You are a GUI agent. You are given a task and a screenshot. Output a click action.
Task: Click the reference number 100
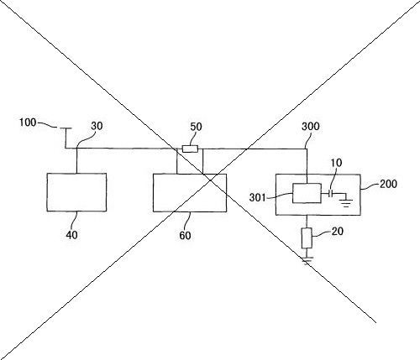[x=28, y=123]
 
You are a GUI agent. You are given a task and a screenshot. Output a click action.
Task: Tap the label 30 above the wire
[x=97, y=126]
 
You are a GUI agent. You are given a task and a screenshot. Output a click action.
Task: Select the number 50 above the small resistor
[x=196, y=127]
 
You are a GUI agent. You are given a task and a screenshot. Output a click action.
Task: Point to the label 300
[x=311, y=127]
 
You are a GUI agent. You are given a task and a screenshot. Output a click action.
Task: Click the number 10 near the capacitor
[x=336, y=163]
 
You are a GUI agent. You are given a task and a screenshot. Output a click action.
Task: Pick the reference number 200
[x=388, y=184]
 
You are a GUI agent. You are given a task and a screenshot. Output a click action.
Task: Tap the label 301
[x=257, y=197]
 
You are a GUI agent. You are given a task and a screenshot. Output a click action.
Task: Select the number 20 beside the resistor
[x=338, y=232]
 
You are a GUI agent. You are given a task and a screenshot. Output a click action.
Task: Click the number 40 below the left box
[x=71, y=235]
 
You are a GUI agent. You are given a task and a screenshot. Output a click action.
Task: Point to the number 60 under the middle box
[x=185, y=236]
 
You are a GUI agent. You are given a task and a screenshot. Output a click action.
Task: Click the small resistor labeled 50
[x=190, y=149]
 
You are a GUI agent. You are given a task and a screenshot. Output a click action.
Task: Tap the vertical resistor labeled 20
[x=307, y=238]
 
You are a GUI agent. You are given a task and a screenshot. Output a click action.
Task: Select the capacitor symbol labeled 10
[x=331, y=193]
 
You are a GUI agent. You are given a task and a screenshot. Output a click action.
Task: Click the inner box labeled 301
[x=307, y=193]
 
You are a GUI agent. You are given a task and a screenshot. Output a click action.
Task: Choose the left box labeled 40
[x=76, y=192]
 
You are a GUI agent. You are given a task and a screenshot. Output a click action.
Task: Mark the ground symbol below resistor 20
[x=307, y=260]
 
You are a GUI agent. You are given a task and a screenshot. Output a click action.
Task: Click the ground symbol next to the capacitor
[x=346, y=203]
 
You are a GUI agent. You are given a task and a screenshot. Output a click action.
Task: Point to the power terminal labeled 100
[x=66, y=128]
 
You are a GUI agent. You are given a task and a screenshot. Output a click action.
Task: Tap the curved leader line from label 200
[x=370, y=186]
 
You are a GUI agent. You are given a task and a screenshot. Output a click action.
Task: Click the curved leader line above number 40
[x=75, y=221]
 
